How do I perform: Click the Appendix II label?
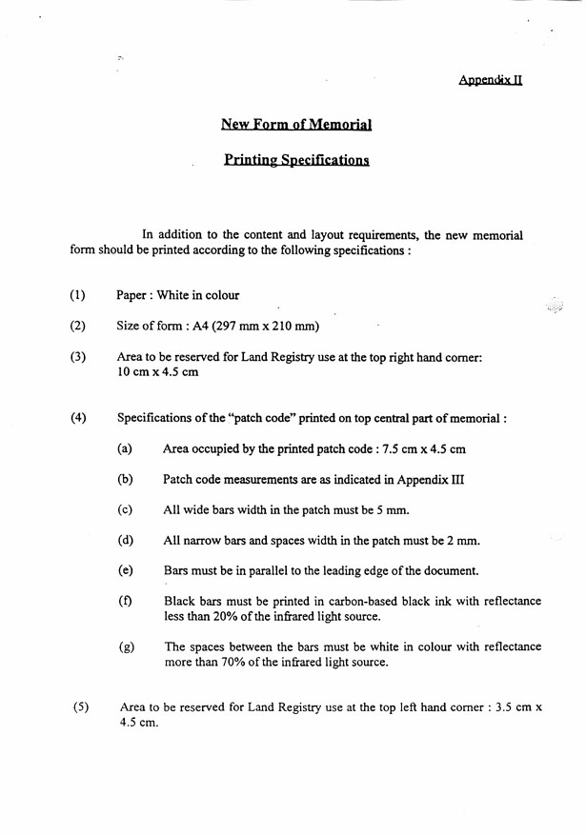coord(490,80)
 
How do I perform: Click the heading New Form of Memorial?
coord(295,124)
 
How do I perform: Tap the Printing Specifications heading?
coord(296,160)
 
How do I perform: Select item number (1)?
coord(78,295)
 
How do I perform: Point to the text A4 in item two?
coord(215,327)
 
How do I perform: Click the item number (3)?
coord(78,357)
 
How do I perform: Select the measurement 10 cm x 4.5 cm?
coord(157,372)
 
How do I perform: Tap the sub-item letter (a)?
coord(125,448)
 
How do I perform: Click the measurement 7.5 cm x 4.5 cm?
coord(422,448)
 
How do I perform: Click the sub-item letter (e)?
coord(125,570)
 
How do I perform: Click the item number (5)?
coord(81,706)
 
